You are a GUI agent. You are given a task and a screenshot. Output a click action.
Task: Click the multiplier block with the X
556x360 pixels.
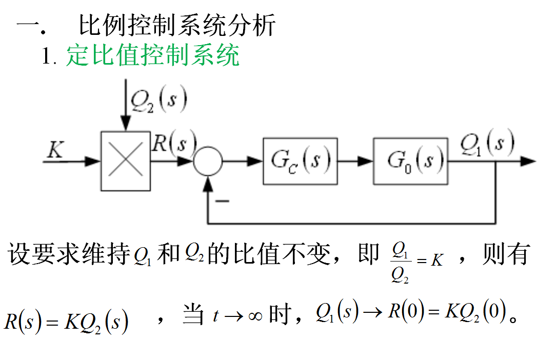coord(126,161)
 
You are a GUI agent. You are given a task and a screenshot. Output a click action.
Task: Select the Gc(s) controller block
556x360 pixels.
coord(300,161)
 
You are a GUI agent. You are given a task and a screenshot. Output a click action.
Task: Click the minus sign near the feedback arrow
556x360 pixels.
coord(222,201)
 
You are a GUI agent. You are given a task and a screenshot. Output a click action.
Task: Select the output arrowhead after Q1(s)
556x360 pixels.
coord(528,161)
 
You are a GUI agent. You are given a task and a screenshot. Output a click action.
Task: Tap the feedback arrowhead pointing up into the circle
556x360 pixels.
coord(208,182)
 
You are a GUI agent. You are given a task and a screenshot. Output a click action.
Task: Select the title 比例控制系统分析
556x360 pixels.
coord(177,26)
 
